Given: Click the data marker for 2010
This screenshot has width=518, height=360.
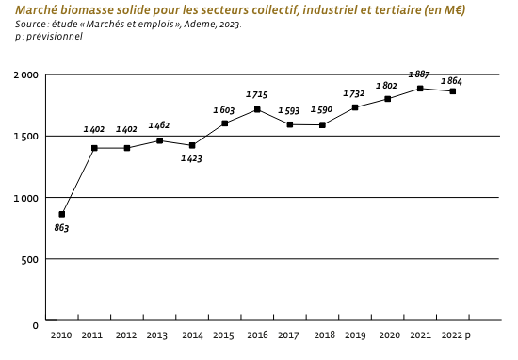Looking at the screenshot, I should coord(62,214).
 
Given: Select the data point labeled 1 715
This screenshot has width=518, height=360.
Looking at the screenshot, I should coord(257,110).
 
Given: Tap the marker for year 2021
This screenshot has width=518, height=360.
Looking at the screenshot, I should coord(420,89).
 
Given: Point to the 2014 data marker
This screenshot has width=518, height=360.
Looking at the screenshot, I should coord(192,145).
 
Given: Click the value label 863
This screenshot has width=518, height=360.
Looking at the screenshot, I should coord(61,228).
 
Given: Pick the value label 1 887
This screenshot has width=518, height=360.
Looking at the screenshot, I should coord(419,74).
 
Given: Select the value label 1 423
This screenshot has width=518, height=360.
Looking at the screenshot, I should coord(192,159).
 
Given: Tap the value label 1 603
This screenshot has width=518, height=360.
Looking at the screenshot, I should coord(224,110).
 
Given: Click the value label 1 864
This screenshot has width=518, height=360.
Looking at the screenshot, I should coord(451,82).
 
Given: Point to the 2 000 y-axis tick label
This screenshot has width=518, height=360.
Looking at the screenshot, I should coord(26,74).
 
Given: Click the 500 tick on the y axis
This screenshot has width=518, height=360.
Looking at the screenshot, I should coord(30,259).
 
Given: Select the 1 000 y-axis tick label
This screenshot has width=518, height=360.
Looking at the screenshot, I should coord(26,198).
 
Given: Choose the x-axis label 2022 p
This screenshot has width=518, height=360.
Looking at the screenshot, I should coord(455,335).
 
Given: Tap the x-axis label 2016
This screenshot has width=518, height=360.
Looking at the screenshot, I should coord(256,335).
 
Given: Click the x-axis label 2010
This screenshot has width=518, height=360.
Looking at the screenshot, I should coord(61,335).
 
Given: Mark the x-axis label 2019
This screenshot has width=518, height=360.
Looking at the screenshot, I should coord(354,335).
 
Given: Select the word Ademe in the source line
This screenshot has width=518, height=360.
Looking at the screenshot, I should coord(196,24).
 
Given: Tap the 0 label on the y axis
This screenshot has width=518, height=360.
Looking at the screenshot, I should coord(36,325).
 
